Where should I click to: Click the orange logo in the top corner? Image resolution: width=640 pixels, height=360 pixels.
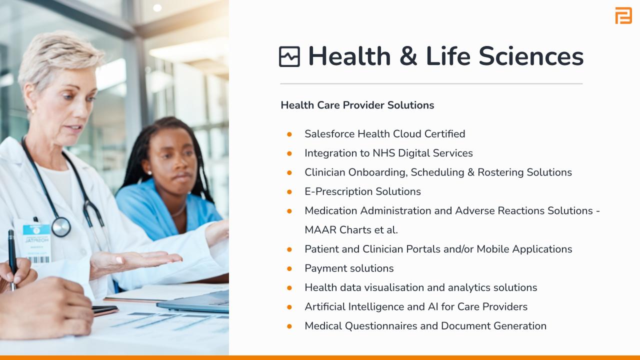click(x=623, y=15)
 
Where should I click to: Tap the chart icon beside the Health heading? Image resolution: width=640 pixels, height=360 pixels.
click(x=289, y=56)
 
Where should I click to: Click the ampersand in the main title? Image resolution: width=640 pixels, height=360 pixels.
click(x=408, y=56)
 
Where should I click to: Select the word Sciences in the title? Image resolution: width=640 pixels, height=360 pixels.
click(x=531, y=56)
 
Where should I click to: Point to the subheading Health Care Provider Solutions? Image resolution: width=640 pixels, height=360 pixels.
click(x=357, y=105)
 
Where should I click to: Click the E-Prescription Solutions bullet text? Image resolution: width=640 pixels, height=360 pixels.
click(x=362, y=191)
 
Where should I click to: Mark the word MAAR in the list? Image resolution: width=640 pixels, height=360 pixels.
click(x=320, y=229)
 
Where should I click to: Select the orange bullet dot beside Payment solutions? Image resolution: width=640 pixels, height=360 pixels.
click(x=289, y=268)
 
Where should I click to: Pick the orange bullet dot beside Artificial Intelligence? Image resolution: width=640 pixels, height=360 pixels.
click(x=289, y=307)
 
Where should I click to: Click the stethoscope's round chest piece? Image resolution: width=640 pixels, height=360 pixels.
click(x=61, y=227)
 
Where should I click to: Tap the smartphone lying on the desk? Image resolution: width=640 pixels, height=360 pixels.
click(x=104, y=309)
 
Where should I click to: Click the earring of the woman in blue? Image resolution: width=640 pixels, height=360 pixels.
click(x=149, y=173)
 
